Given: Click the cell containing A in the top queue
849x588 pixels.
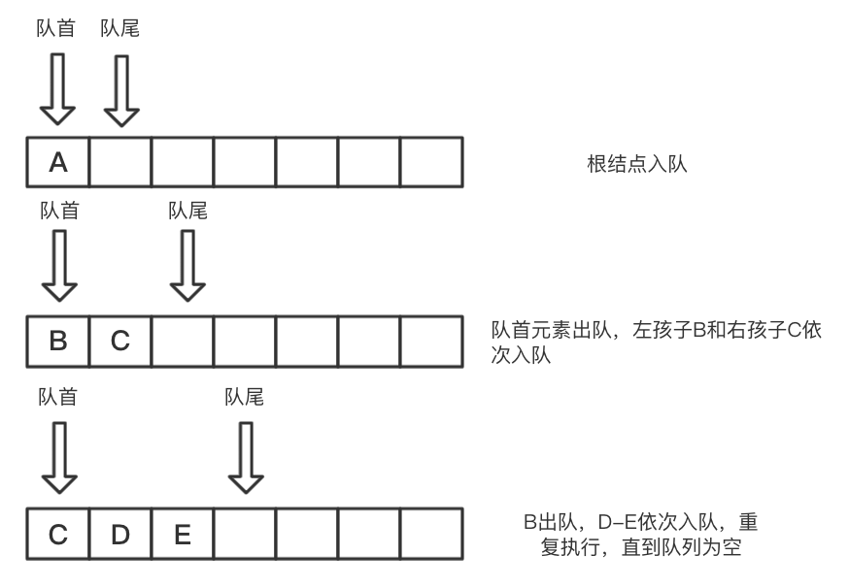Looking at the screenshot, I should coord(58,162).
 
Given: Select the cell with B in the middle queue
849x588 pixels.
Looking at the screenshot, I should coord(58,341).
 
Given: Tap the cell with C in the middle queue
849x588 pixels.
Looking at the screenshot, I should coord(120,341).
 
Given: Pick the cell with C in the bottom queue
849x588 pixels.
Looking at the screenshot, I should coord(58,533).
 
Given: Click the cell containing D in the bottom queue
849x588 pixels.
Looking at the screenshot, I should coord(120,533).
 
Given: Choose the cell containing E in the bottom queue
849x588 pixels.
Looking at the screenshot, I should coord(183,533).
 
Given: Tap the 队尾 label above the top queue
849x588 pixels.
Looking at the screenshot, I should coord(120,28).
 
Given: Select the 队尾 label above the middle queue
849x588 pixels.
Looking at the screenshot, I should coord(188,209).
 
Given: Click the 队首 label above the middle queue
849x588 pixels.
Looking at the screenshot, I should coord(59,209).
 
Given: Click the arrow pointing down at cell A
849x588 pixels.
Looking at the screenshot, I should coord(58,89).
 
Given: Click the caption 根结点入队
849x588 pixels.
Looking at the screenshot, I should coord(637,164).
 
